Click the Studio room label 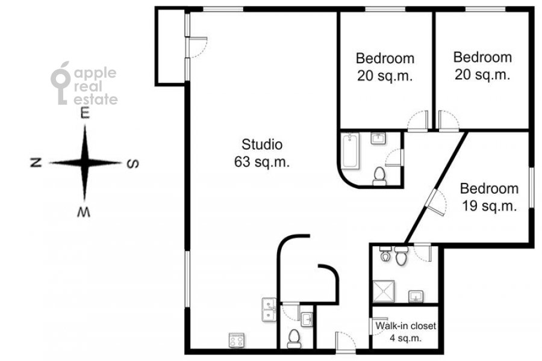tap(262, 144)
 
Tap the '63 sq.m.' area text tap(262, 162)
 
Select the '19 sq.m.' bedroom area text tap(489, 206)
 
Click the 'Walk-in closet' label tap(405, 326)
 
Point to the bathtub tap(350, 151)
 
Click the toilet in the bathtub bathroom tap(379, 176)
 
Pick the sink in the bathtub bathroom tap(379, 138)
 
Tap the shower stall tap(384, 291)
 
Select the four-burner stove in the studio tap(237, 341)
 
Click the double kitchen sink tap(269, 310)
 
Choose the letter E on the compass tap(85, 113)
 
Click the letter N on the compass tap(36, 162)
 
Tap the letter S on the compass tap(132, 163)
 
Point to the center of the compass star tap(85, 162)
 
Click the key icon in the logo tap(61, 83)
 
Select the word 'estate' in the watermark tap(96, 99)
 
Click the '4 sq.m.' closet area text tap(406, 338)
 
